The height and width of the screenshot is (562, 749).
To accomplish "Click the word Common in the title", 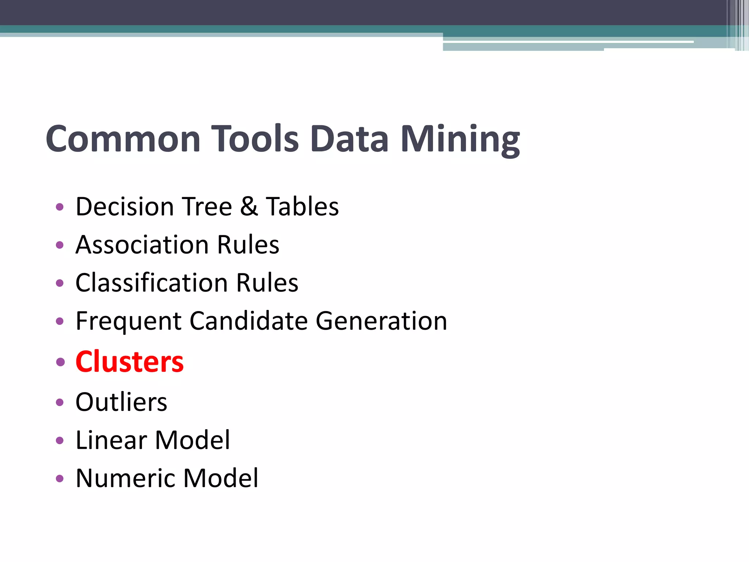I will (x=123, y=139).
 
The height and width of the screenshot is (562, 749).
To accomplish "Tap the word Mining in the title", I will (x=460, y=140).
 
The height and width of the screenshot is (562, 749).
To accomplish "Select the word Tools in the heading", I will (x=255, y=139).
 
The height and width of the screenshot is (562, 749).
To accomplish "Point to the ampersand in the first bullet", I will (x=249, y=206).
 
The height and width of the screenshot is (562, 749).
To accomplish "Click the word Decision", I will (x=125, y=207).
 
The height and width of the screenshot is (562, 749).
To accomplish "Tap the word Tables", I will (x=302, y=207).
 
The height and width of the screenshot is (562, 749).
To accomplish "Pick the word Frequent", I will (x=128, y=321).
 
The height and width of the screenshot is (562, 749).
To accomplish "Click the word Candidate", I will (x=249, y=321).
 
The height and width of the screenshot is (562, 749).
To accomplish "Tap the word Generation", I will (x=381, y=321).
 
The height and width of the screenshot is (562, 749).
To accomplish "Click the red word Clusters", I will (x=129, y=361).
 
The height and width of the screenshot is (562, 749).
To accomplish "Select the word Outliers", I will (x=121, y=402).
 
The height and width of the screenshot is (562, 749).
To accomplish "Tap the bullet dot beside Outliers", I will (x=60, y=402).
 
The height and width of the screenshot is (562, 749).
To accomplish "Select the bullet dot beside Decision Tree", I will (x=60, y=207).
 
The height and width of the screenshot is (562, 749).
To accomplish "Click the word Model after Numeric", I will (x=221, y=478).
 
